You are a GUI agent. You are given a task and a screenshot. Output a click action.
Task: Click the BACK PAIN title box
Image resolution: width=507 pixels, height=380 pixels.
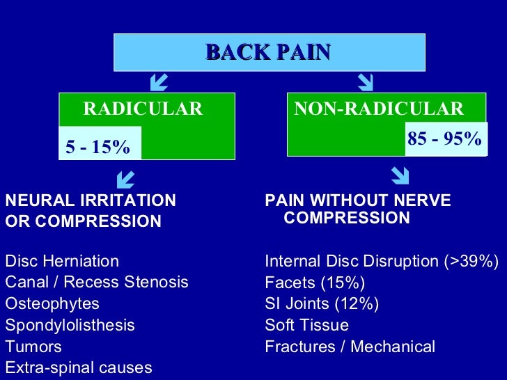tap(269, 52)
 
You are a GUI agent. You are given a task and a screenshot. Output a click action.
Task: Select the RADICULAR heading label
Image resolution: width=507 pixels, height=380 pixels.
tap(143, 109)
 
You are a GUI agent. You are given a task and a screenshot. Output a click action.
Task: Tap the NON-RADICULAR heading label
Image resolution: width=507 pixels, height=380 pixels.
tap(378, 109)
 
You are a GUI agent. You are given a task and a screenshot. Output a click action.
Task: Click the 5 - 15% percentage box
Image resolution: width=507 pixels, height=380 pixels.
tap(98, 147)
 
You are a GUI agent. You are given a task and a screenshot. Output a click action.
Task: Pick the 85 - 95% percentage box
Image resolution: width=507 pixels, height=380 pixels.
tap(445, 138)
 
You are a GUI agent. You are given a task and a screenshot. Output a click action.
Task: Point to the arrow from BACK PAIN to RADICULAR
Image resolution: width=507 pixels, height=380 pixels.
tap(158, 84)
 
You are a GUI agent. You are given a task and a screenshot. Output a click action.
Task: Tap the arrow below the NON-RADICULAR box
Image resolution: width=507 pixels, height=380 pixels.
tap(400, 174)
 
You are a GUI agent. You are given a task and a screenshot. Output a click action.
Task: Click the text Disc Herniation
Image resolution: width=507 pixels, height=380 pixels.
tap(62, 262)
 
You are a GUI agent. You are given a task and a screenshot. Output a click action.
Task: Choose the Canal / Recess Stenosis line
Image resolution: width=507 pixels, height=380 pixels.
tap(97, 283)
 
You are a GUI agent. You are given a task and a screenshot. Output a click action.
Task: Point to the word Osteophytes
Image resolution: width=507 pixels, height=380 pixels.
tap(52, 304)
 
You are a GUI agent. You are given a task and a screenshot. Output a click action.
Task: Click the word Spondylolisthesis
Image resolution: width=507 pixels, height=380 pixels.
tap(70, 325)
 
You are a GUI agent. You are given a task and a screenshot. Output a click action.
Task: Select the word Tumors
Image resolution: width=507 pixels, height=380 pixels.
tap(33, 347)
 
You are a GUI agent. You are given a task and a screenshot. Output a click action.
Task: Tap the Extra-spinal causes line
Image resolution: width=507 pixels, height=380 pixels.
tap(78, 367)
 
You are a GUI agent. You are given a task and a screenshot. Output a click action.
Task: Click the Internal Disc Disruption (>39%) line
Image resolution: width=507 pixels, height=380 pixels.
tap(382, 262)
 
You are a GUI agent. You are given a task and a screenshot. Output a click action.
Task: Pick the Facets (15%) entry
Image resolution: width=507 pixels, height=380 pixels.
tap(315, 283)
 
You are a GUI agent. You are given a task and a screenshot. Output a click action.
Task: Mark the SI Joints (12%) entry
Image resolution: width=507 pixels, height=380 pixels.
tap(322, 304)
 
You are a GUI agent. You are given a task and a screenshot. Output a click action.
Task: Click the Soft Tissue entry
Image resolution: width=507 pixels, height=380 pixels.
tap(306, 325)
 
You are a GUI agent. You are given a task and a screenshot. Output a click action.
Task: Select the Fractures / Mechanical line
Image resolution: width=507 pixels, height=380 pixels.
tap(350, 347)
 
